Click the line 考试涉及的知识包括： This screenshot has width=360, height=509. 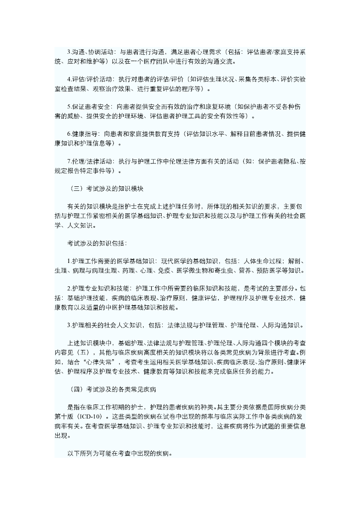[97, 243]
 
